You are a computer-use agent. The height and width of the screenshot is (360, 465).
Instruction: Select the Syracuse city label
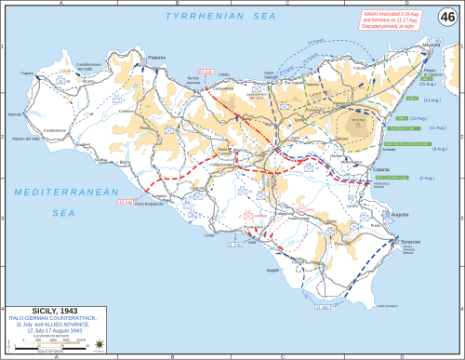(410, 243)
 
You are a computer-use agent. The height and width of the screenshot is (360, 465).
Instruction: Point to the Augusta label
(410, 213)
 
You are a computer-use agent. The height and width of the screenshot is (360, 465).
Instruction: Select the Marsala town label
(16, 114)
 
